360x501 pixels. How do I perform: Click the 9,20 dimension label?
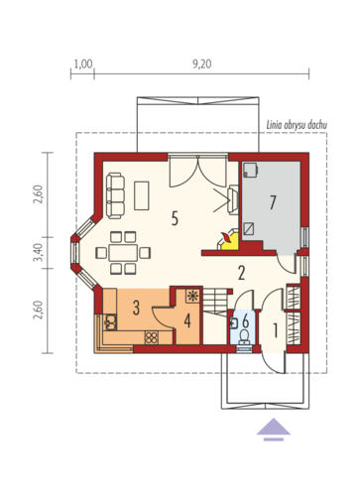pos(202,63)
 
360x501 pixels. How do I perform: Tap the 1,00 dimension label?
pos(83,63)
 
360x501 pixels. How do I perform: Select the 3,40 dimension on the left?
pos(39,253)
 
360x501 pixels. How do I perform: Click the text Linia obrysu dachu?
pos(297,125)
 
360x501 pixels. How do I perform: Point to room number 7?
pos(273,202)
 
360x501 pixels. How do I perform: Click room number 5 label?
pos(175,218)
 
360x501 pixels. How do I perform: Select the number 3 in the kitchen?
pos(136,308)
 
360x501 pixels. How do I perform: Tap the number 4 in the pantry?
pos(187,320)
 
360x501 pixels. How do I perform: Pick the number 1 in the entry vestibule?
pos(275,330)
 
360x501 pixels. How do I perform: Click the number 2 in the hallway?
pos(242,273)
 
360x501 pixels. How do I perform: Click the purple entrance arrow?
pos(274,430)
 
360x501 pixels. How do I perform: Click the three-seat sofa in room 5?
pos(116,195)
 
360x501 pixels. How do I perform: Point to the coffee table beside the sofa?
pos(142,195)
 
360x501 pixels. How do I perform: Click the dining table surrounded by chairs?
pos(123,253)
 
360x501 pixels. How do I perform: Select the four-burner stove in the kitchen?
pos(152,337)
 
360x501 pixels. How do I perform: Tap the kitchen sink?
pos(110,322)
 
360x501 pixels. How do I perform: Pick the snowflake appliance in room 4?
pos(192,296)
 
